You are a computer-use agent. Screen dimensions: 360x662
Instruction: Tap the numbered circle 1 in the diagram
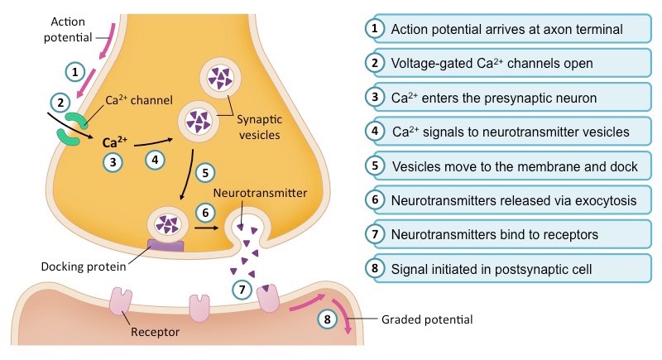(x=75, y=71)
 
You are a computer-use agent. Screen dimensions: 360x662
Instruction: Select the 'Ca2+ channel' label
(x=138, y=101)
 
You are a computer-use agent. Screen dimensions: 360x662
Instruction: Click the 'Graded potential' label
(x=428, y=319)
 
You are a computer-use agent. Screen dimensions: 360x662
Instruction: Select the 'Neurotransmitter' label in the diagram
(x=259, y=193)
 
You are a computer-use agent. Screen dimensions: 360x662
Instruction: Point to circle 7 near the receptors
(x=242, y=290)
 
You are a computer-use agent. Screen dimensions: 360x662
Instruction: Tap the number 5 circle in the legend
(x=376, y=166)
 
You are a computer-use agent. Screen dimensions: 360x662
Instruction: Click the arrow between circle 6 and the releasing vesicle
(x=207, y=227)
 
